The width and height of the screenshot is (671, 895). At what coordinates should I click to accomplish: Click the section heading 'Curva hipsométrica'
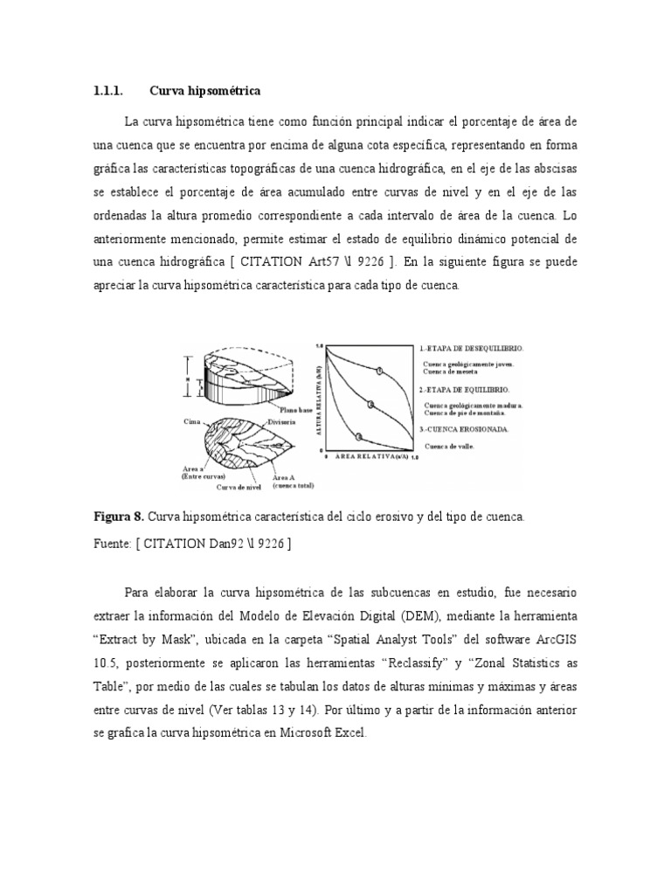(x=204, y=91)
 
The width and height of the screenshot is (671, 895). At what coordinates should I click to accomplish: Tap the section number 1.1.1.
(x=109, y=91)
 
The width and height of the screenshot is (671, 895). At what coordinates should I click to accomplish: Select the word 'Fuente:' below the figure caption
(x=114, y=544)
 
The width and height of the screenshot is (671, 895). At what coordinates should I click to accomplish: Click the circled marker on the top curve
(x=379, y=371)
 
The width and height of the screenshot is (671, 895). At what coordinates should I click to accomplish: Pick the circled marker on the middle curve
(x=371, y=403)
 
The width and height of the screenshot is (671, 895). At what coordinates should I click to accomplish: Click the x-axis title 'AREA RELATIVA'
(x=366, y=457)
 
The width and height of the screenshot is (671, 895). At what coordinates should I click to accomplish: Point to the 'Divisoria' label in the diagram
(x=281, y=421)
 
